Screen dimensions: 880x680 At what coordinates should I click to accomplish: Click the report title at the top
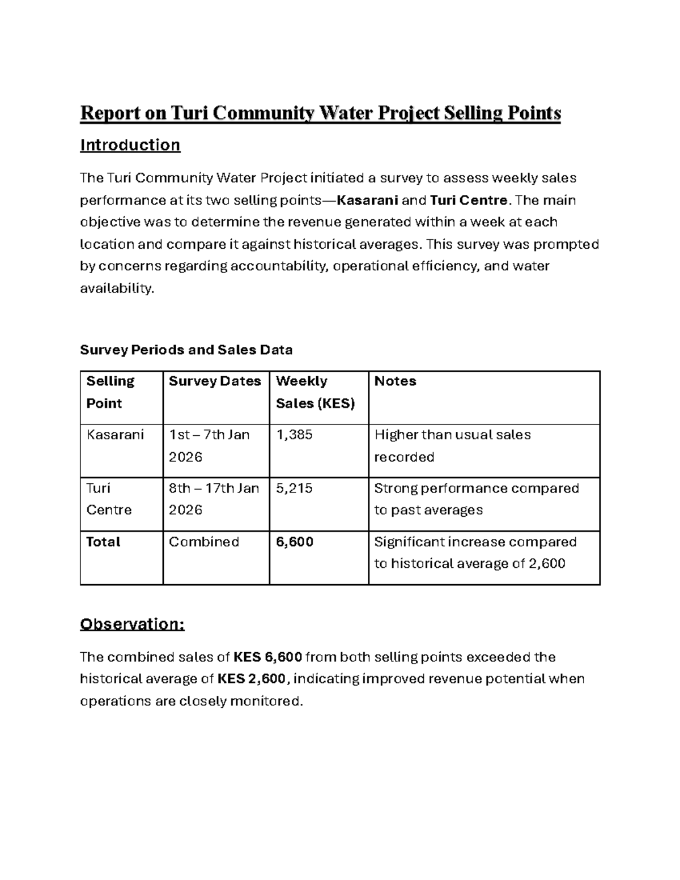pos(320,113)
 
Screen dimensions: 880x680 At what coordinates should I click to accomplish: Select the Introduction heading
pos(130,145)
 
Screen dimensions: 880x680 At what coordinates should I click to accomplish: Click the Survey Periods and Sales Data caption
pos(186,350)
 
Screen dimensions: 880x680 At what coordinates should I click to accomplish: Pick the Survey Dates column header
pos(215,381)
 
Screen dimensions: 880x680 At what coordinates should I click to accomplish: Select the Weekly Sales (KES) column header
pos(315,392)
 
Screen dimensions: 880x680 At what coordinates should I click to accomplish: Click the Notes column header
pos(395,381)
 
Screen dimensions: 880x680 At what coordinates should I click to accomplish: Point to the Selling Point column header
pos(110,392)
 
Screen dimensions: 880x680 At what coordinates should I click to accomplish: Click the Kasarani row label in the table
pos(115,435)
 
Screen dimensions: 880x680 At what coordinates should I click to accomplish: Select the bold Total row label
pos(103,542)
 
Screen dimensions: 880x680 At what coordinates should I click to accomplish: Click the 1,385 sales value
pos(294,435)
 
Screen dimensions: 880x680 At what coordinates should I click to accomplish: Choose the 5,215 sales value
pos(294,488)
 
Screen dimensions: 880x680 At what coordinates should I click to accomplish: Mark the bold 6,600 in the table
pos(295,542)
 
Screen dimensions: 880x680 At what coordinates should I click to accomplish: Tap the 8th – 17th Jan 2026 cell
pos(214,499)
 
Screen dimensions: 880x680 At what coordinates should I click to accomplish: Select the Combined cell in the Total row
pos(204,542)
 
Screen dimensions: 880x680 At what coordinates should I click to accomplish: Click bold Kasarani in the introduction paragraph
pos(367,200)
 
